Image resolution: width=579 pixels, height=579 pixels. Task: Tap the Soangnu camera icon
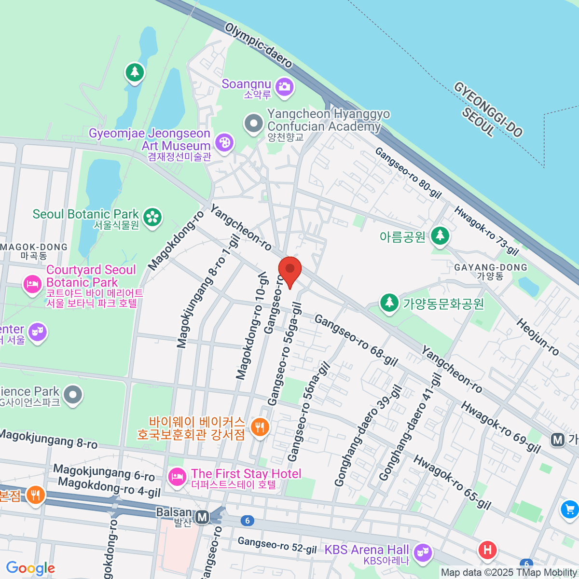(284, 87)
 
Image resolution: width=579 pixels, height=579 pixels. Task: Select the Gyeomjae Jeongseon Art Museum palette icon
(224, 142)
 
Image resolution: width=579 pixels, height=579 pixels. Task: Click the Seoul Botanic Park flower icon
(153, 217)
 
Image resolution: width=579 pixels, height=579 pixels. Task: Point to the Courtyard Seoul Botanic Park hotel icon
(32, 284)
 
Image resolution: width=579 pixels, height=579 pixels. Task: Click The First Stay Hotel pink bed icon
(177, 477)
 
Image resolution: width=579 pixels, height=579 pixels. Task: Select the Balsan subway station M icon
(203, 518)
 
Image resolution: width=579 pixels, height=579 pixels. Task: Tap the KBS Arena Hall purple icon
(423, 553)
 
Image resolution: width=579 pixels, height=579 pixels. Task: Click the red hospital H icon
(487, 550)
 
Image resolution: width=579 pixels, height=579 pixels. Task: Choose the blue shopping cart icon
(569, 509)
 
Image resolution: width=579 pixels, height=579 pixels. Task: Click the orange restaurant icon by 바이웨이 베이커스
(260, 427)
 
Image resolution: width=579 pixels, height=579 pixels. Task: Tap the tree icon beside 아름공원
(440, 236)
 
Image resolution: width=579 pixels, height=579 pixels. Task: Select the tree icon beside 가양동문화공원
(389, 303)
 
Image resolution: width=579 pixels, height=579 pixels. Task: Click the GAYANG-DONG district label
(491, 267)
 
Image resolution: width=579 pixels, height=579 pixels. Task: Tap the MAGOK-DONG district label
(34, 247)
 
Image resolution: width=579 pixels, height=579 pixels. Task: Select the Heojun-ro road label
(538, 337)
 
